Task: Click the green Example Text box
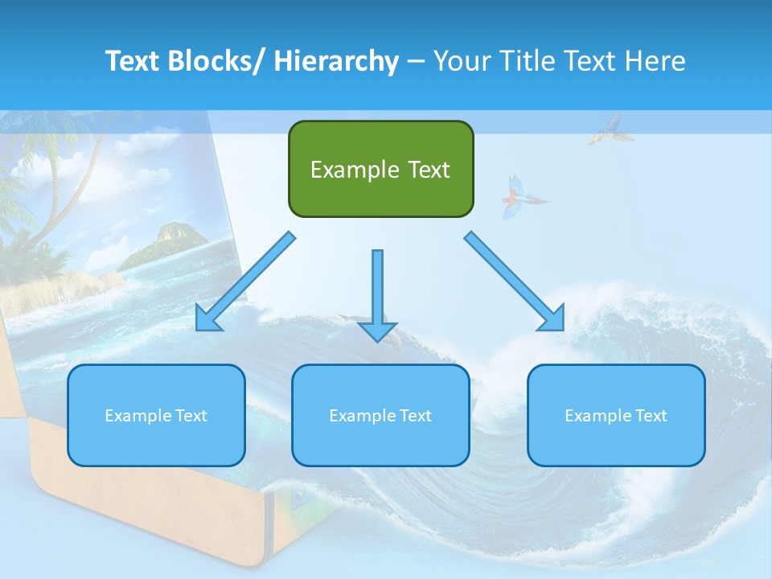380,169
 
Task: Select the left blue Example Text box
156,415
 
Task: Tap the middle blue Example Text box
380,415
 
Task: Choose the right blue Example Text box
616,415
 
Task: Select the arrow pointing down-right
515,281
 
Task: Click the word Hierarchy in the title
336,61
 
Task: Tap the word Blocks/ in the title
216,61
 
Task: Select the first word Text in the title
133,61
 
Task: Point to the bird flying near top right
607,129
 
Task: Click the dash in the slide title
416,61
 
